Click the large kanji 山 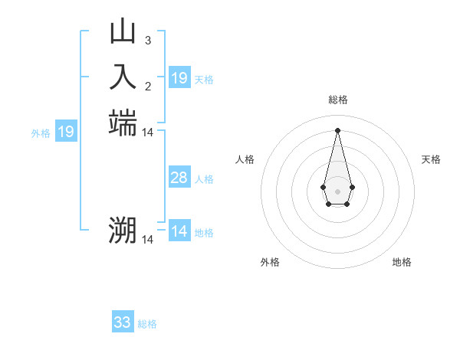click(x=123, y=31)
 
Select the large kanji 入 click(x=123, y=77)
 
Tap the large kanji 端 click(x=123, y=123)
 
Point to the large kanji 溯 click(x=123, y=231)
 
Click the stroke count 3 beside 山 click(x=147, y=40)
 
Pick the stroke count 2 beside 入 click(x=147, y=86)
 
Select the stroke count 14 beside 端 click(x=148, y=133)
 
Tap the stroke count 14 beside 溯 click(x=148, y=240)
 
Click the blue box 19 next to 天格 click(x=179, y=78)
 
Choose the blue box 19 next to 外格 click(x=66, y=132)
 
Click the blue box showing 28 click(x=179, y=178)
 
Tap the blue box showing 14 click(x=179, y=231)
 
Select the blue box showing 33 click(x=123, y=322)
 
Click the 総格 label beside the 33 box click(x=147, y=324)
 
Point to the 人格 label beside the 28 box click(x=204, y=179)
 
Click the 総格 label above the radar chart click(x=337, y=100)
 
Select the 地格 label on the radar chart click(x=402, y=262)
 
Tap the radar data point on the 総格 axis click(x=337, y=129)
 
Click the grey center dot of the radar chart click(x=337, y=190)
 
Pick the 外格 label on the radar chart click(x=270, y=262)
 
